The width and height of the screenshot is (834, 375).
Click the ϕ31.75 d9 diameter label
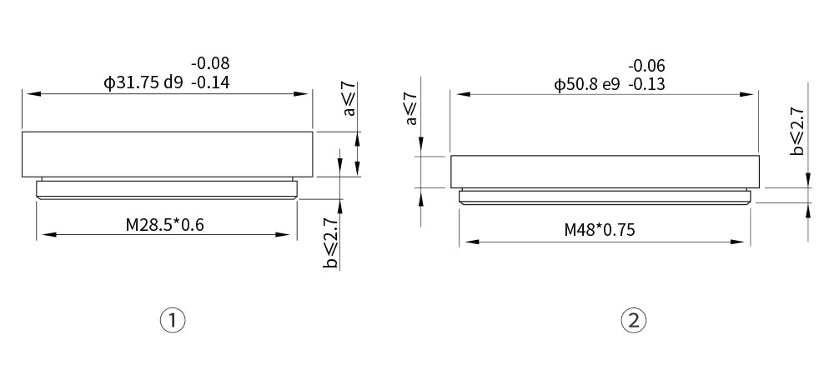[x=143, y=82]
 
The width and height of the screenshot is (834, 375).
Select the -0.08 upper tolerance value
[x=210, y=63]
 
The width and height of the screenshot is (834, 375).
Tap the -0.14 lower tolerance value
[x=210, y=82]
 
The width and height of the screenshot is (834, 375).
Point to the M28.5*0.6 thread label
[x=165, y=225]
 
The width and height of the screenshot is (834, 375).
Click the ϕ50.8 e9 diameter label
[x=586, y=85]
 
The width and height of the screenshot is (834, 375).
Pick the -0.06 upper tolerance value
[x=646, y=66]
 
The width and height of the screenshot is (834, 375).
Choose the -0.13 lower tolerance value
[x=646, y=85]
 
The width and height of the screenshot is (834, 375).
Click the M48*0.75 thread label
[x=600, y=230]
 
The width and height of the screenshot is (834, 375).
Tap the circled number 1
[x=173, y=321]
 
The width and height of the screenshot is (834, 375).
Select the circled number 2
[x=634, y=321]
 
